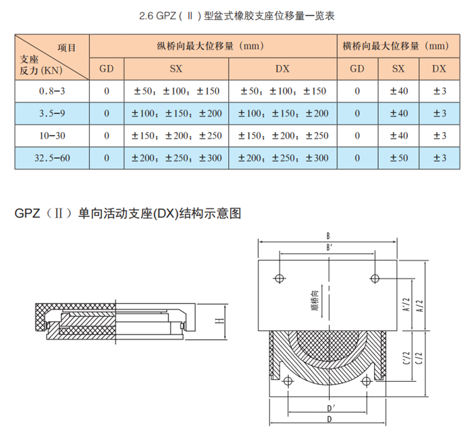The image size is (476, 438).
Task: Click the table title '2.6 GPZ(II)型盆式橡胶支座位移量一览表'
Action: pos(237,15)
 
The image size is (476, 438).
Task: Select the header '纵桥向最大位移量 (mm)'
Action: pos(210,46)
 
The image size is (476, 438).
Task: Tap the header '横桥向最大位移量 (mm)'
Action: pos(396,46)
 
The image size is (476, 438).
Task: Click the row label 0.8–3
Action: pos(52,91)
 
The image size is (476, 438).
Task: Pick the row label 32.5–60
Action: pos(52,158)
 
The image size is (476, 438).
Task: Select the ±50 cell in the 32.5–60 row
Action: pos(399,158)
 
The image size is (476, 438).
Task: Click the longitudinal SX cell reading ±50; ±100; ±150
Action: pos(176,91)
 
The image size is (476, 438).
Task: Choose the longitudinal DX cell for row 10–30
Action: pos(283,136)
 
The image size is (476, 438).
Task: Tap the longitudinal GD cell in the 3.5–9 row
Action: pos(106,113)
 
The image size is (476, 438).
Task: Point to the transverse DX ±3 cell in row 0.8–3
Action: pos(440,91)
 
